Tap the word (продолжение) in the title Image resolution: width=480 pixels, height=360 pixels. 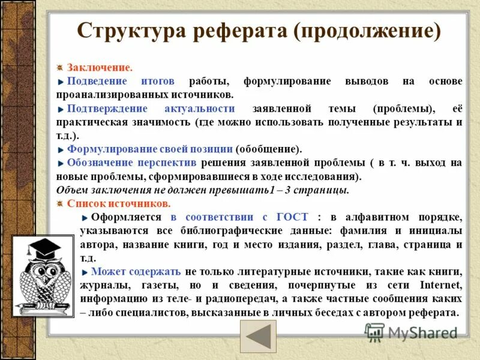[367, 31]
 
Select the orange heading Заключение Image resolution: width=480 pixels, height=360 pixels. [100, 68]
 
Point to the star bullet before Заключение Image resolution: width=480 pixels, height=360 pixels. [60, 68]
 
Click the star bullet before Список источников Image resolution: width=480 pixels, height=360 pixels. [60, 203]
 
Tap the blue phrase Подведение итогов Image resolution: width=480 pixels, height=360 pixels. [121, 81]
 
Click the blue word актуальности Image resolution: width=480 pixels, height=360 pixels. [199, 109]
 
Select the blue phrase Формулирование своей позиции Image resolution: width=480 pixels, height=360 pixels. [150, 149]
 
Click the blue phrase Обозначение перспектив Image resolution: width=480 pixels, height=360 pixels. [131, 163]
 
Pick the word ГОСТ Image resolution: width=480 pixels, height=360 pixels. [293, 217]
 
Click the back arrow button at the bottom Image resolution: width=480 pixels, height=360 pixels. [258, 337]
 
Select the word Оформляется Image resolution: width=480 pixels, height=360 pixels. [127, 217]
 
